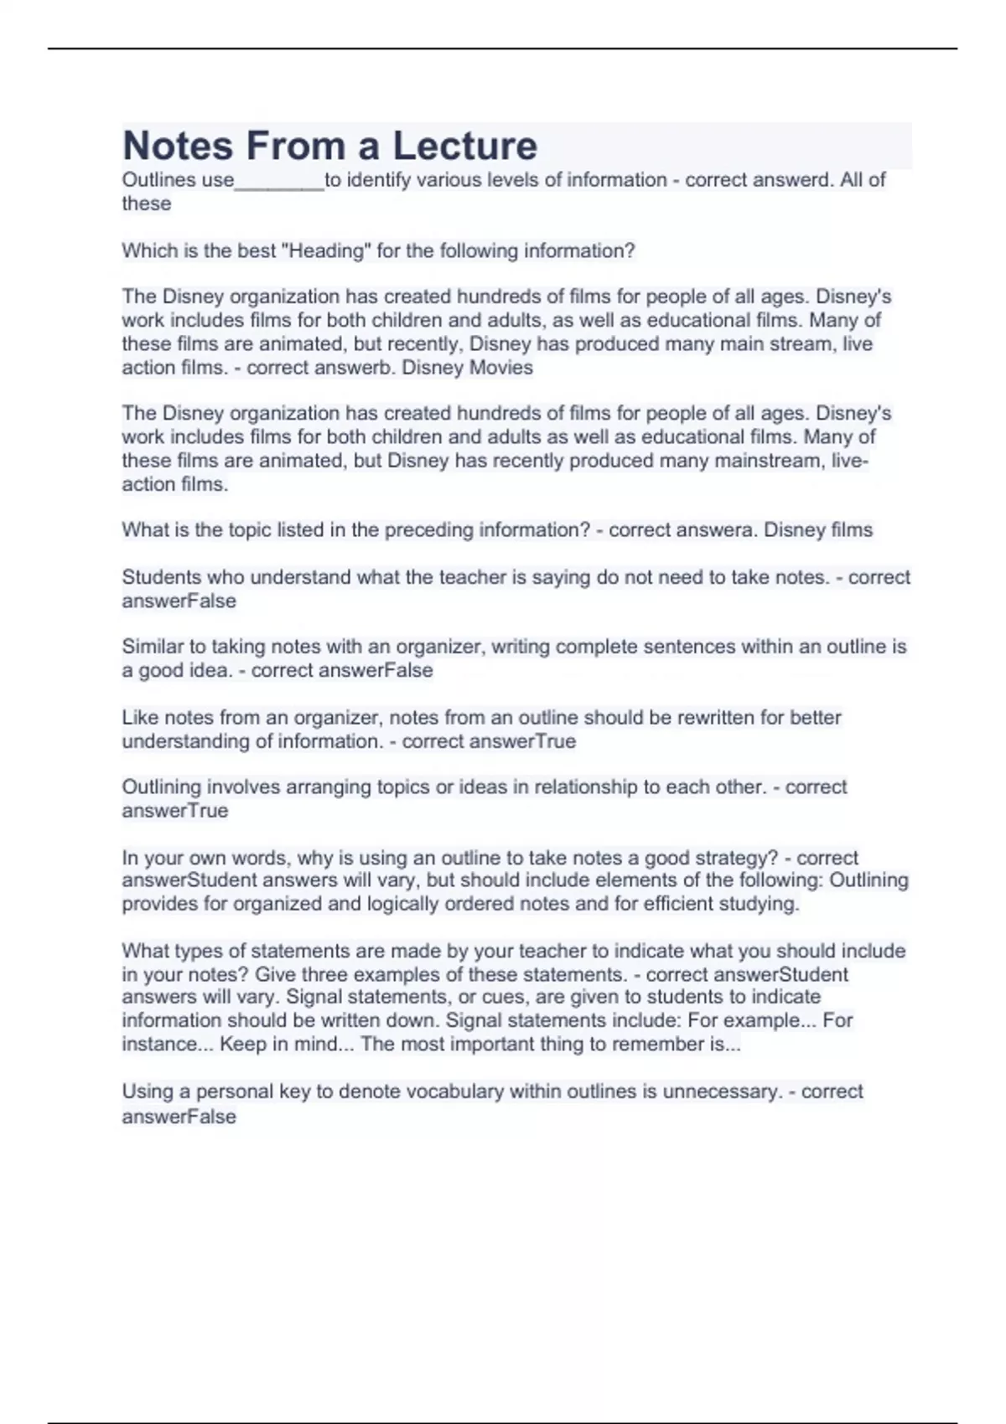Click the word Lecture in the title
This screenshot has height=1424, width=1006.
pos(465,146)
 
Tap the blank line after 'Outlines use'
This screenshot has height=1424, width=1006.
pos(279,181)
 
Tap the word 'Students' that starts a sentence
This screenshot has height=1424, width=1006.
pos(162,577)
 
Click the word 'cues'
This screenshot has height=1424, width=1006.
pos(499,997)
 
